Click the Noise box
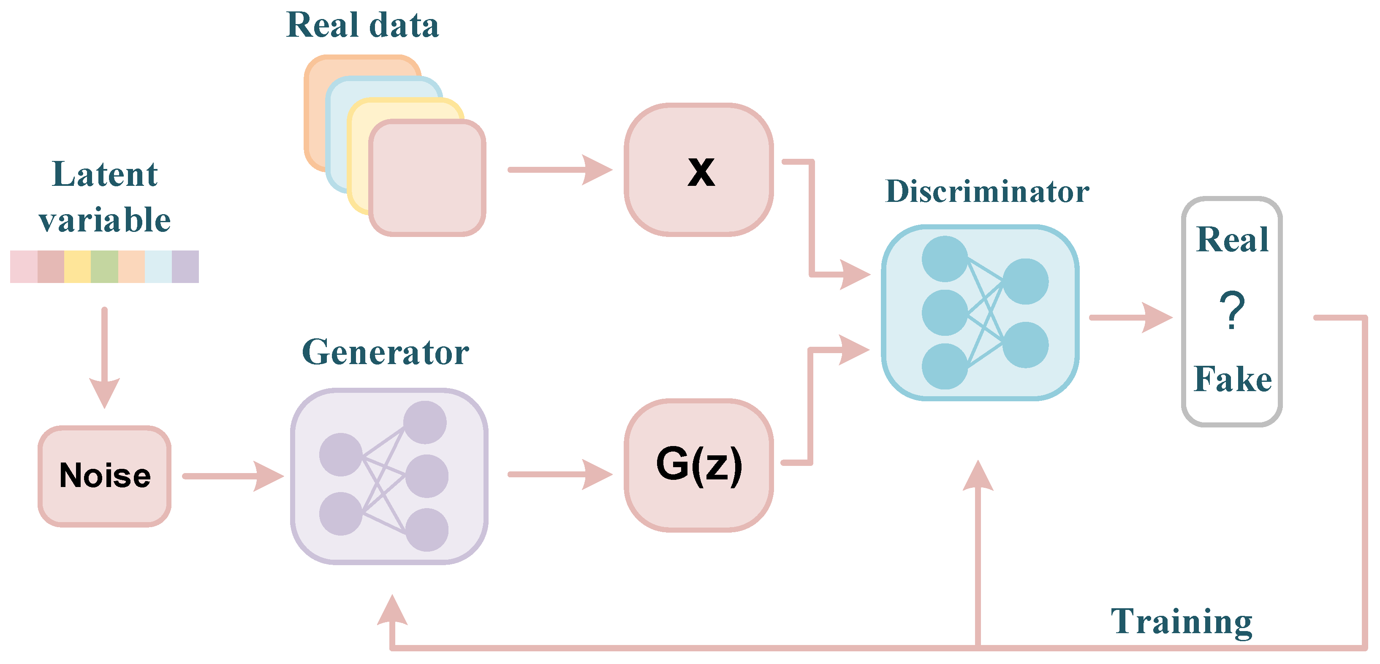[104, 476]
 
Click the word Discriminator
[987, 191]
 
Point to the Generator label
[385, 352]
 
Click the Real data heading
[363, 25]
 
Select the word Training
[1181, 622]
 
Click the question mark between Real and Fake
[1232, 311]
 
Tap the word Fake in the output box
[1232, 379]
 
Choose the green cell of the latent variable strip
[104, 267]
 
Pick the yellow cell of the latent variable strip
[78, 267]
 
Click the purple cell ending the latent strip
[185, 267]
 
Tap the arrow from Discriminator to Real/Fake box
[1130, 318]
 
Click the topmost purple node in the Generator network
[425, 422]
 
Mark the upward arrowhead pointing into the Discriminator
[978, 477]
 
